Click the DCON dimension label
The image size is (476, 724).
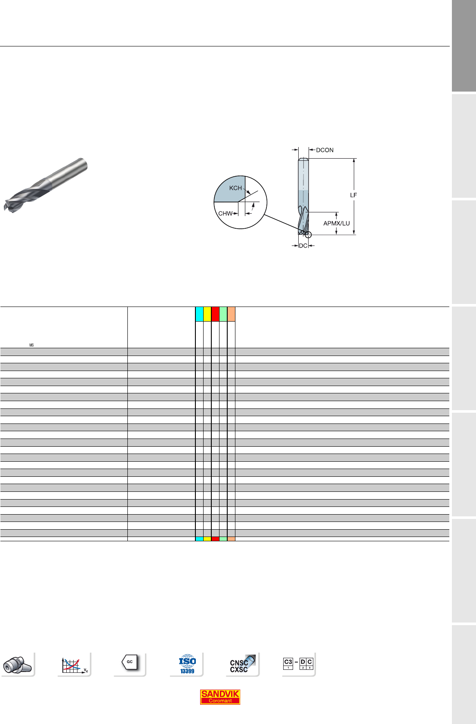coord(325,150)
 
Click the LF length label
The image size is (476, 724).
coord(353,195)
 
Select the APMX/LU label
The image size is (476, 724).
coord(337,223)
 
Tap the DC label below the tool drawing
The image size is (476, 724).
coord(303,245)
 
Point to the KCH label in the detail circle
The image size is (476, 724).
coord(235,188)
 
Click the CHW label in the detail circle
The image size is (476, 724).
coord(225,213)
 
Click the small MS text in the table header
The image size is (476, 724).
coord(31,345)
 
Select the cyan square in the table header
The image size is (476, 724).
coord(199,314)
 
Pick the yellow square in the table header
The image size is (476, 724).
coord(207,314)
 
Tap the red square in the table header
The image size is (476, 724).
coord(215,314)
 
